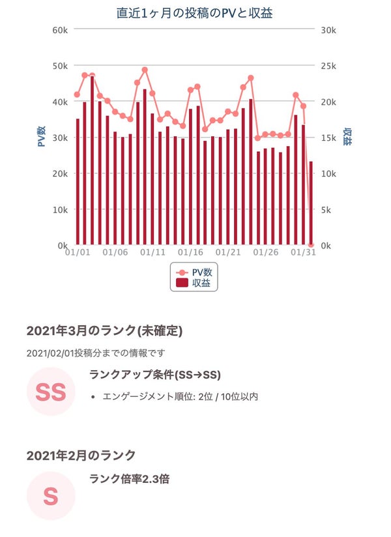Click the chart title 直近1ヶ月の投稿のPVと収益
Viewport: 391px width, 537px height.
[195, 13]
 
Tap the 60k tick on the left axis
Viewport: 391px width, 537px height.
[60, 30]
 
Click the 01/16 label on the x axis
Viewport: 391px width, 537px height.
[190, 252]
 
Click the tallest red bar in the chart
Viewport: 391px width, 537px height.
[93, 160]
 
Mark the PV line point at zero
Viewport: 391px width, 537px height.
[311, 245]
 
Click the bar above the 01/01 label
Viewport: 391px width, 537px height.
[78, 182]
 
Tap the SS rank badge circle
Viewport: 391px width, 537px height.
[51, 392]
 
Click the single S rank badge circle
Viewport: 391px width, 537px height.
[51, 496]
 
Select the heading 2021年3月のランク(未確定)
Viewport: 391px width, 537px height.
[104, 330]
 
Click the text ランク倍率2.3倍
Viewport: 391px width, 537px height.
[129, 479]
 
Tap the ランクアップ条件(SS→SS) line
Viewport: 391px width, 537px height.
[154, 375]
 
